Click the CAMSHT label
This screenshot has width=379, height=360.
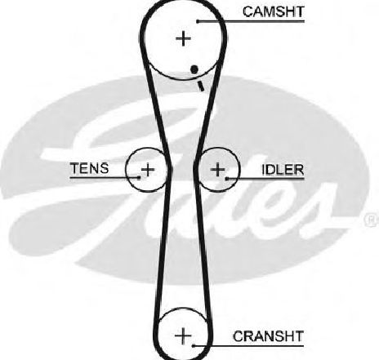[x=274, y=12]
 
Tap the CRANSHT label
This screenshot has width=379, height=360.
[x=268, y=336]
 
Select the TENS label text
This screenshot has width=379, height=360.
[x=90, y=168]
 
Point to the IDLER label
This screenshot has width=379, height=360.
[x=283, y=170]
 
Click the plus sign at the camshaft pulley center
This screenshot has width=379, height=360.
[x=184, y=38]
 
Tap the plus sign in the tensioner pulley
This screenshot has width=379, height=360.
[x=148, y=170]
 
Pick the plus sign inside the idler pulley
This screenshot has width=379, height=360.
[x=218, y=170]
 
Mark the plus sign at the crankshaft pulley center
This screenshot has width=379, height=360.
[x=183, y=336]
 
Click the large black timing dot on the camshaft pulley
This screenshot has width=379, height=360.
[x=194, y=69]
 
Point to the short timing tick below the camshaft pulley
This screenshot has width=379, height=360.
[x=201, y=86]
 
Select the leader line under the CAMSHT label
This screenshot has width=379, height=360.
[x=251, y=21]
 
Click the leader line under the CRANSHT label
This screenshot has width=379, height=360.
[x=247, y=346]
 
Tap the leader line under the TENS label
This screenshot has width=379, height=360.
[x=105, y=178]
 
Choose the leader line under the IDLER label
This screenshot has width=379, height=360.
[x=265, y=179]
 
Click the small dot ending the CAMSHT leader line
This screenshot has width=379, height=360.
[x=198, y=21]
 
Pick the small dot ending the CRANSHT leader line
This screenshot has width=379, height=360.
[x=194, y=346]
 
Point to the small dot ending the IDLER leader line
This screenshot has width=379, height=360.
[x=227, y=179]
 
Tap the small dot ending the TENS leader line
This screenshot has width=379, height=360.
[x=139, y=178]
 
